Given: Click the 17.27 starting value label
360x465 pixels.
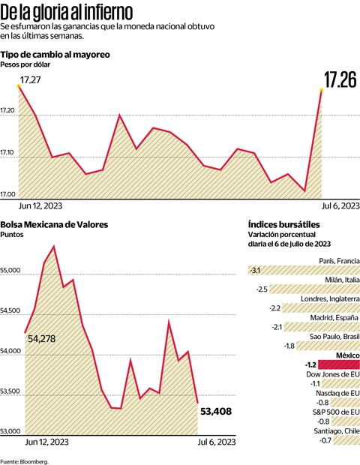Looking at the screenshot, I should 30,79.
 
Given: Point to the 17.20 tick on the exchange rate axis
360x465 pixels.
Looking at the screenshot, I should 9,112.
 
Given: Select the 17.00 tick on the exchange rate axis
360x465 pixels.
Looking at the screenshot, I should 9,194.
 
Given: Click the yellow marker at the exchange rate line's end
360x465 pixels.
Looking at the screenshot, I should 322,90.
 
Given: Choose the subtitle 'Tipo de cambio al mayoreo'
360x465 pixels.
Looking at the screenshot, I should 55,55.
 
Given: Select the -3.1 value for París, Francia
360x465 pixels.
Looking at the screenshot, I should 255,270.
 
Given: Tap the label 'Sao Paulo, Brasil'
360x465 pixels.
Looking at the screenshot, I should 330,336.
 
